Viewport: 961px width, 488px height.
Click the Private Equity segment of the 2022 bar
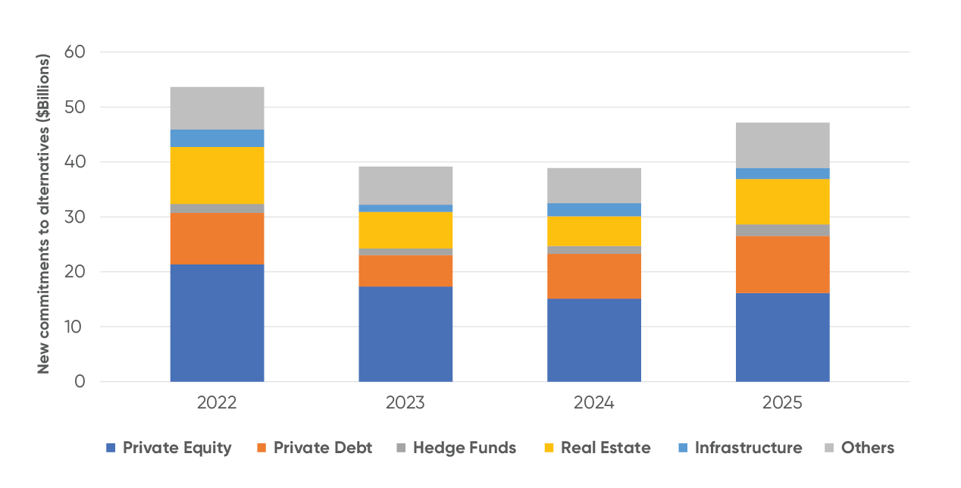tap(217, 323)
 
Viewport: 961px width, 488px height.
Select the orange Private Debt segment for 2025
tap(783, 264)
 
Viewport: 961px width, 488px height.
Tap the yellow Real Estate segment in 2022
tap(217, 175)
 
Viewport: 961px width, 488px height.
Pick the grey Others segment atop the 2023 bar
tap(405, 185)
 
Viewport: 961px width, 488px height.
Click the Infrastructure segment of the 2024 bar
tap(594, 209)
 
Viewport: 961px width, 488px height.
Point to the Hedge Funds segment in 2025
tap(783, 230)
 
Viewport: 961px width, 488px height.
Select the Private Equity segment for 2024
tap(594, 339)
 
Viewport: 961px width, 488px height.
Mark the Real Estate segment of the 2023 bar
tap(405, 230)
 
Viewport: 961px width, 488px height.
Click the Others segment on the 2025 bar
tap(783, 145)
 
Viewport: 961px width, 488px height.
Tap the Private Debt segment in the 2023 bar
tap(405, 271)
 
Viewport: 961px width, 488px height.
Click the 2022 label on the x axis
tap(217, 403)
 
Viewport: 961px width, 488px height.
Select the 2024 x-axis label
tap(594, 403)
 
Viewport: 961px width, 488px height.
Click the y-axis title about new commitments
tap(44, 214)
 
